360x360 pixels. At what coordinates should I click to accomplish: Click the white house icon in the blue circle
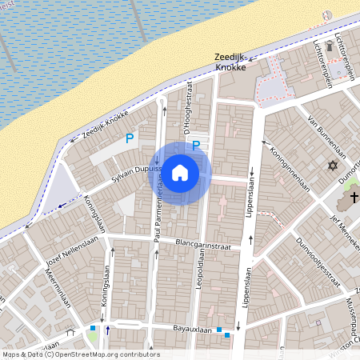click(x=180, y=172)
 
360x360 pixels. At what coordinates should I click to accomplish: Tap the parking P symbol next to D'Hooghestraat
click(x=195, y=146)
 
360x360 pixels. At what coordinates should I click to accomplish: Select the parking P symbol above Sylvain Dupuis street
click(x=129, y=138)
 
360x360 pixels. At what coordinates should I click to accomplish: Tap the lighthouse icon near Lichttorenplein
click(x=326, y=15)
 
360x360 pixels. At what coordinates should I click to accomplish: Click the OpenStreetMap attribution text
click(x=80, y=354)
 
